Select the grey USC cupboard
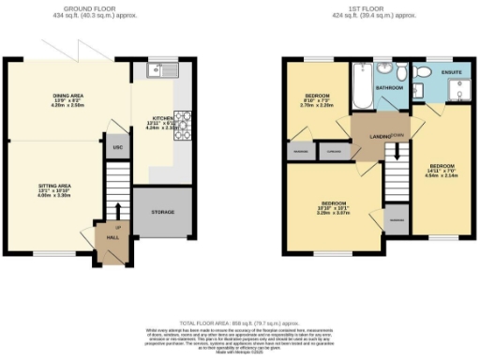click(x=117, y=147)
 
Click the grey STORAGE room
click(x=163, y=213)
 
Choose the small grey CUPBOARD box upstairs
click(x=330, y=151)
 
